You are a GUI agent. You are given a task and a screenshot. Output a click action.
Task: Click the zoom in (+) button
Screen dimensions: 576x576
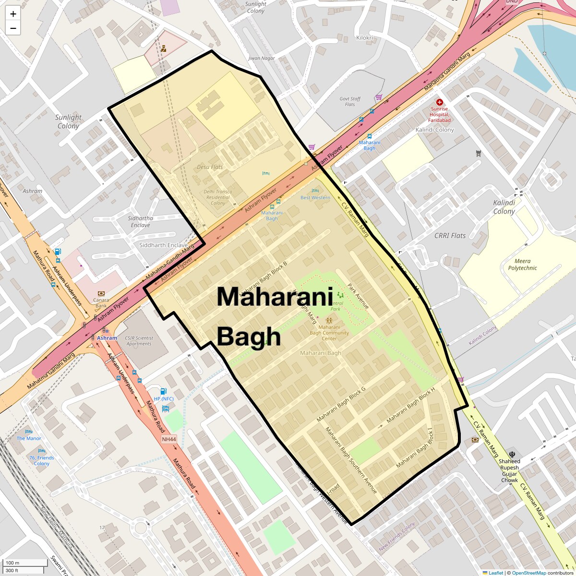tap(13, 14)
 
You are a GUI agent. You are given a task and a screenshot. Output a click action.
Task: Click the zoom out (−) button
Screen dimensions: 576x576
tap(13, 28)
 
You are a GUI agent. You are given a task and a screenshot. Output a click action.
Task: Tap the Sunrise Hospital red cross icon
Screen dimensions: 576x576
tap(439, 102)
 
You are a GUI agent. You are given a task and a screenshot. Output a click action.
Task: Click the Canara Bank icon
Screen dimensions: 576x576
tap(101, 293)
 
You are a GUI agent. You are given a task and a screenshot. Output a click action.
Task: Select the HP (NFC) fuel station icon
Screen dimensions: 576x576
tap(163, 391)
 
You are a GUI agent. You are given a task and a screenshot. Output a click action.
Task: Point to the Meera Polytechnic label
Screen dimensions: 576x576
tap(522, 264)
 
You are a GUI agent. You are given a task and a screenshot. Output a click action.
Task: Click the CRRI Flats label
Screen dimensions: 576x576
tap(450, 236)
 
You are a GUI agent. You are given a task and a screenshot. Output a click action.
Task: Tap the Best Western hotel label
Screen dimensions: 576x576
tap(315, 197)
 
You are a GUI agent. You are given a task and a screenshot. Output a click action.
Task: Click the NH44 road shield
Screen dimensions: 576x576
tap(169, 439)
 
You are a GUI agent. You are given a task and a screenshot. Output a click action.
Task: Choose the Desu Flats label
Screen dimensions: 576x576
tap(210, 167)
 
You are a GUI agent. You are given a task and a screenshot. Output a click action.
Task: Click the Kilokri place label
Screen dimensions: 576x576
tap(364, 38)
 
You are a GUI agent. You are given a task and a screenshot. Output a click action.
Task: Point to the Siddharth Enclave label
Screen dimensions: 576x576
tap(163, 245)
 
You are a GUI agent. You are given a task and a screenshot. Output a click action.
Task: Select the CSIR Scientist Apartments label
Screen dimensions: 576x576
tap(139, 341)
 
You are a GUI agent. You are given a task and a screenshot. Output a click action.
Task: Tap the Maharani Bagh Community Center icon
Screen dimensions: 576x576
tap(329, 321)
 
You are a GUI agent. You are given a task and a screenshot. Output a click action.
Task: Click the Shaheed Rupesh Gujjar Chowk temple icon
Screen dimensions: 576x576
tap(513, 454)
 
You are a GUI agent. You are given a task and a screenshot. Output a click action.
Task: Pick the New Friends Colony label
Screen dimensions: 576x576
tap(396, 537)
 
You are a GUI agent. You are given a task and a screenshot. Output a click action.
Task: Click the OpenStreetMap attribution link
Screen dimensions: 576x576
tap(528, 573)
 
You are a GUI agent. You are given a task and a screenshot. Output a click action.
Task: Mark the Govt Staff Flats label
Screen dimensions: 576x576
tap(349, 102)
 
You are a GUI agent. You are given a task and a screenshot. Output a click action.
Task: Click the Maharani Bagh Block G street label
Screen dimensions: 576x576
tap(341, 405)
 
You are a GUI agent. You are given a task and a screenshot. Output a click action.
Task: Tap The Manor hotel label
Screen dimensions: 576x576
tap(29, 438)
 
